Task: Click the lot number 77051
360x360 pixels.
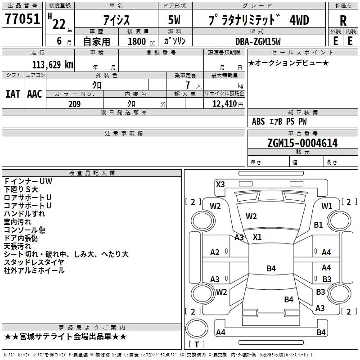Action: coord(22,18)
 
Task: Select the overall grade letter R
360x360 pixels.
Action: coord(343,21)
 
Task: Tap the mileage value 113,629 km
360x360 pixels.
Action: coord(53,65)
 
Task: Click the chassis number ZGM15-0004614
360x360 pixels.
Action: coord(302,143)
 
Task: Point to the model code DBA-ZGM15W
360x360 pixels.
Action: coord(258,41)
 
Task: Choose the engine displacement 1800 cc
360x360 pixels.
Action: coord(141,41)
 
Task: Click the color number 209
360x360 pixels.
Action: coord(75,104)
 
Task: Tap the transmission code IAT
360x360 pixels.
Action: coord(13,94)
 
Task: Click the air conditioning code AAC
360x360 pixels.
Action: coord(35,94)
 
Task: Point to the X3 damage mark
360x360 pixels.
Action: coord(220,184)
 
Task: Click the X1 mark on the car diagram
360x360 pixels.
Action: coord(257,237)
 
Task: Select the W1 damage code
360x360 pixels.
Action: coord(327,206)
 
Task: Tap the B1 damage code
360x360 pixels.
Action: coord(319,225)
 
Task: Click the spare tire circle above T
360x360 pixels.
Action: coord(197,328)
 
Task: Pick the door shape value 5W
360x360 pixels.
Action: coord(174,20)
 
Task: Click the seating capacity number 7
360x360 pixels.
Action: coord(188,85)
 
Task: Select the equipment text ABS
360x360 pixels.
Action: coord(258,121)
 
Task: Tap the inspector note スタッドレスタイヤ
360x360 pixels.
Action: coord(34,262)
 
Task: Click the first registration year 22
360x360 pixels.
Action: coord(59,24)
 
